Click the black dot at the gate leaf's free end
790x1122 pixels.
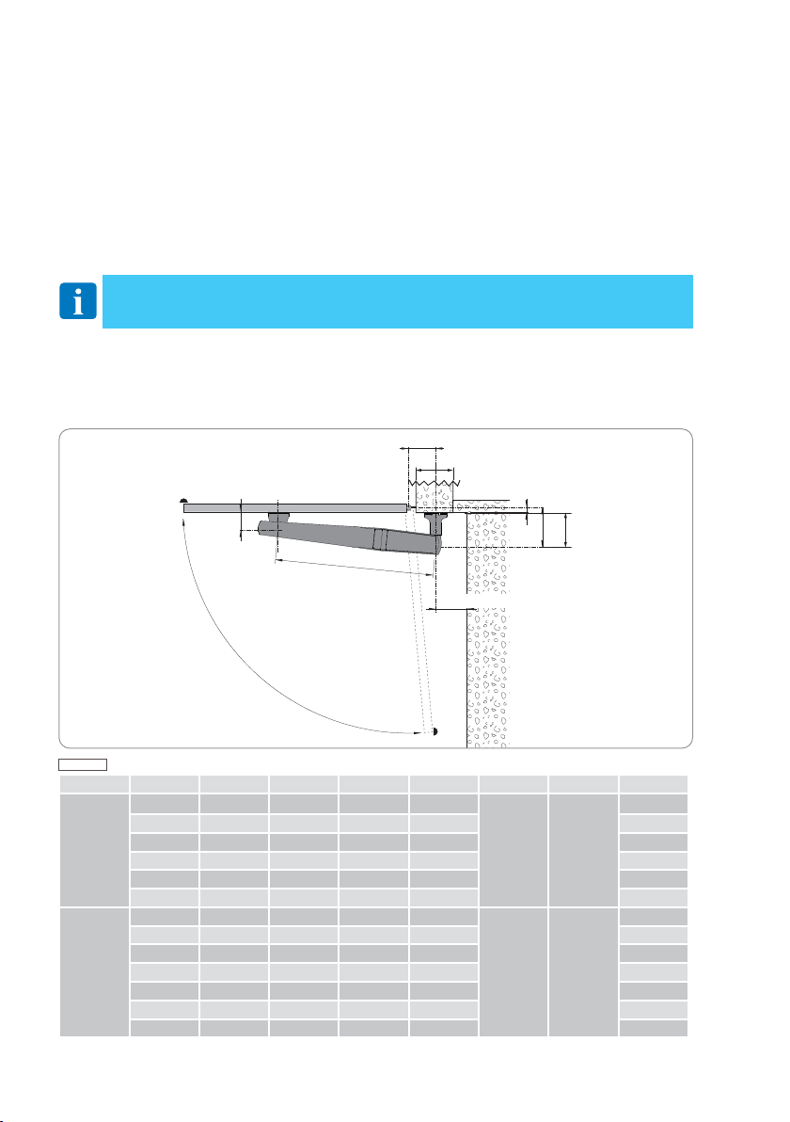point(184,501)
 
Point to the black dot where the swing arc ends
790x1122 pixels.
point(435,731)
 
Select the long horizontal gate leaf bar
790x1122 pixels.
point(295,508)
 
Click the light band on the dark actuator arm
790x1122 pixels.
point(379,539)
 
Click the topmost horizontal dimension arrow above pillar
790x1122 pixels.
point(420,450)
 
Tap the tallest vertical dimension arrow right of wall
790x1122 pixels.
point(565,530)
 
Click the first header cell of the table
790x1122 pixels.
point(94,783)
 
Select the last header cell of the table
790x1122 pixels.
point(653,783)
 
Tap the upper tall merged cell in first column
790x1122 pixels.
point(94,850)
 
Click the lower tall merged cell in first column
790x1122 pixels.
point(94,971)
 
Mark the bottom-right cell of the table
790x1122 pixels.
point(653,1027)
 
